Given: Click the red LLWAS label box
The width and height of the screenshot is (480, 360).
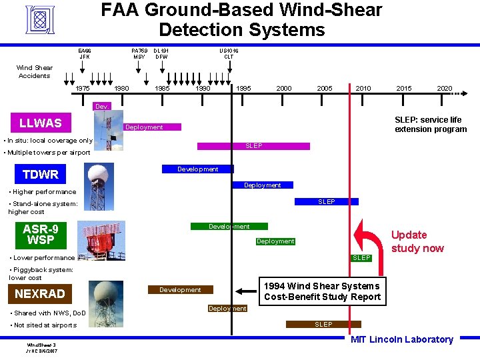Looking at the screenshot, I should click(x=40, y=123).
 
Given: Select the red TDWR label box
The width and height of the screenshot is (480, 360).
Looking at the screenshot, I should click(x=40, y=175).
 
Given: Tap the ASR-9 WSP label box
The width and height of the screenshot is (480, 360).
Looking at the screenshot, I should click(x=40, y=234).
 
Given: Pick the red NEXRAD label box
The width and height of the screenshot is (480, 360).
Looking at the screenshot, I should click(x=40, y=293).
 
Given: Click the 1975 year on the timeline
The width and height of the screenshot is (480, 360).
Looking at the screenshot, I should click(x=83, y=89).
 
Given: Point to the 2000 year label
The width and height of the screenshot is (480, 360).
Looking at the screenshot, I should click(x=283, y=89).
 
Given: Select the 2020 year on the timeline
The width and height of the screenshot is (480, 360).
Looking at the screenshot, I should click(x=444, y=89).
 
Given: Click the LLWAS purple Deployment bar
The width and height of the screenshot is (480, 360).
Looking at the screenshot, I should click(x=144, y=127).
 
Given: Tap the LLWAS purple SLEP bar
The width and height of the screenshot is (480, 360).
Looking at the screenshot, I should click(x=253, y=146).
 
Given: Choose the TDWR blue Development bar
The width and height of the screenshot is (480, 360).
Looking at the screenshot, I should click(x=197, y=169).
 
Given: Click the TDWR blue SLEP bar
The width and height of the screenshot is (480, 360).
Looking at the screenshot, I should click(x=327, y=201).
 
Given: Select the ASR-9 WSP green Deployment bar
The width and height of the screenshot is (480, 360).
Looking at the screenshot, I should click(x=275, y=241).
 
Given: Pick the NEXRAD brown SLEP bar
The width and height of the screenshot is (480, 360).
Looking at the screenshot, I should click(x=323, y=324).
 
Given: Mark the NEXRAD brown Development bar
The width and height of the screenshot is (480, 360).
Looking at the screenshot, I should click(x=180, y=290).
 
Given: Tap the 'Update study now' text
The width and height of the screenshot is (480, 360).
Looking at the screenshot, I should click(x=417, y=241).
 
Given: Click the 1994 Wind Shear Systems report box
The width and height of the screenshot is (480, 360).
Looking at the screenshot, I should click(x=322, y=291).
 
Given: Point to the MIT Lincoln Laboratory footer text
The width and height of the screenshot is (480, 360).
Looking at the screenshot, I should click(x=401, y=339).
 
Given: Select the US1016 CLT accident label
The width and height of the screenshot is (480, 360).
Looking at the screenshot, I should click(x=229, y=53).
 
